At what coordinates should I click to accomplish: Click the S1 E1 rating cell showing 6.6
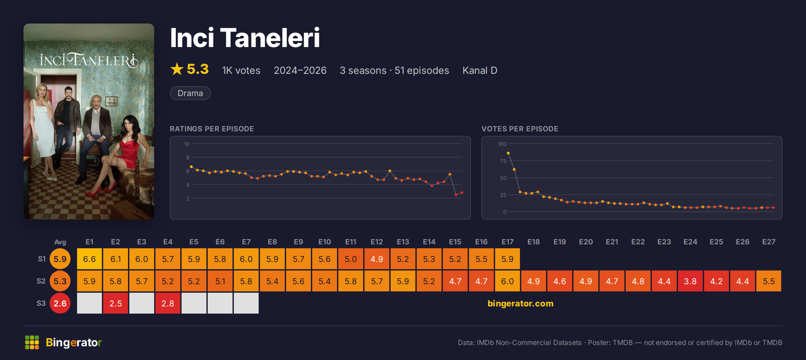pos(89,259)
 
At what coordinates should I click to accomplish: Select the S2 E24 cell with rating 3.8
pos(690,281)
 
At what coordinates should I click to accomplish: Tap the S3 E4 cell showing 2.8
pos(168,303)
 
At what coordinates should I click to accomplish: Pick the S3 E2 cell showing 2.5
pos(116,303)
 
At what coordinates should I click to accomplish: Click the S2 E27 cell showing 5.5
pos(769,281)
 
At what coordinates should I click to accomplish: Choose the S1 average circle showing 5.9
pos(60,259)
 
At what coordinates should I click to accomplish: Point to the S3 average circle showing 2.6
pos(60,303)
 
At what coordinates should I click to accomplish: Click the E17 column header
pos(508,242)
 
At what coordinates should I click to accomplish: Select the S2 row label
pos(41,281)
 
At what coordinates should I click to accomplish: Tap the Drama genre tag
pos(190,93)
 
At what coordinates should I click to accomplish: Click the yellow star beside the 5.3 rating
pos(177,69)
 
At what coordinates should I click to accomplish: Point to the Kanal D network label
pos(480,70)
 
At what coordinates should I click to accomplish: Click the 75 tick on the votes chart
pos(503,161)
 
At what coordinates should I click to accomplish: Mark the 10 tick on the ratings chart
pos(187,144)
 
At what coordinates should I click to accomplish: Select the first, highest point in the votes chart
pos(508,153)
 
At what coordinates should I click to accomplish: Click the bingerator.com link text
pos(521,303)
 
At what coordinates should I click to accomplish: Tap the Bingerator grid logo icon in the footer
pos(32,342)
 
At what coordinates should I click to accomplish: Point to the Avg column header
pos(60,242)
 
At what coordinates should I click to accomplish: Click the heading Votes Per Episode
pos(520,129)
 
